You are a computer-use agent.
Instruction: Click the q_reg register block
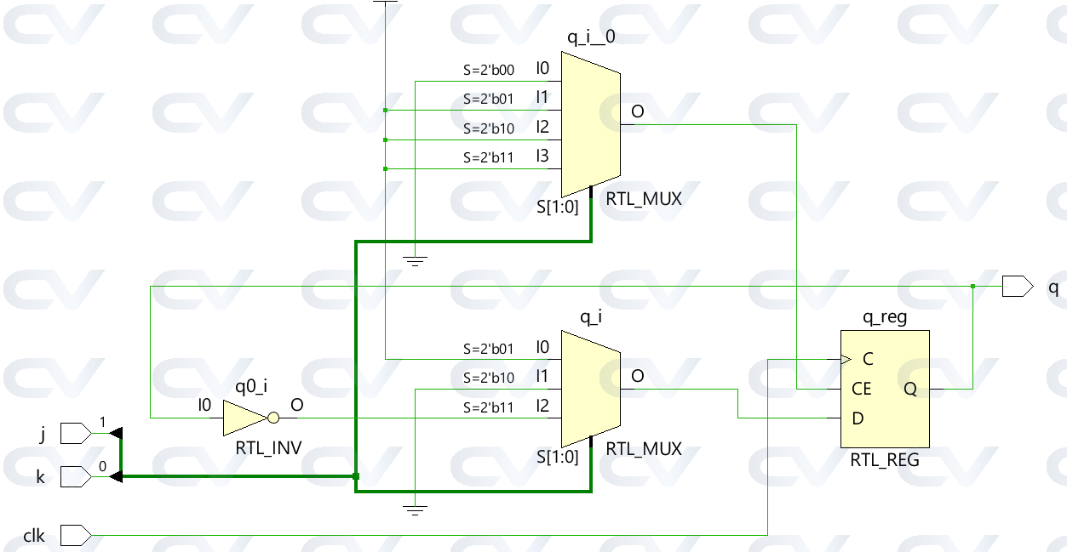(x=885, y=389)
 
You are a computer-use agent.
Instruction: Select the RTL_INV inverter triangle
(x=245, y=418)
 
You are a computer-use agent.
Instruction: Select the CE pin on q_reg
(x=861, y=389)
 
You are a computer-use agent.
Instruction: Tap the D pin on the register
(x=858, y=418)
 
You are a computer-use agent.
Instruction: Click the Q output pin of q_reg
(x=910, y=389)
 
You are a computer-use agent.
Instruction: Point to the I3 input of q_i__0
(x=542, y=156)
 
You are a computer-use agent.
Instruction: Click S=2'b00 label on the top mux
(x=488, y=70)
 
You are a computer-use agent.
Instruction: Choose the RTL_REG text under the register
(x=885, y=460)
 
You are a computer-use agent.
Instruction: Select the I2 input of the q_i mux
(x=542, y=406)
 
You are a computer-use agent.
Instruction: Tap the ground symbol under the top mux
(x=415, y=261)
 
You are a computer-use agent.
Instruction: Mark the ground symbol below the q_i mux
(x=415, y=510)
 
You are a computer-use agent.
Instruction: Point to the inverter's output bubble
(x=272, y=418)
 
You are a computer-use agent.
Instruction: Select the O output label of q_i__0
(x=637, y=111)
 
